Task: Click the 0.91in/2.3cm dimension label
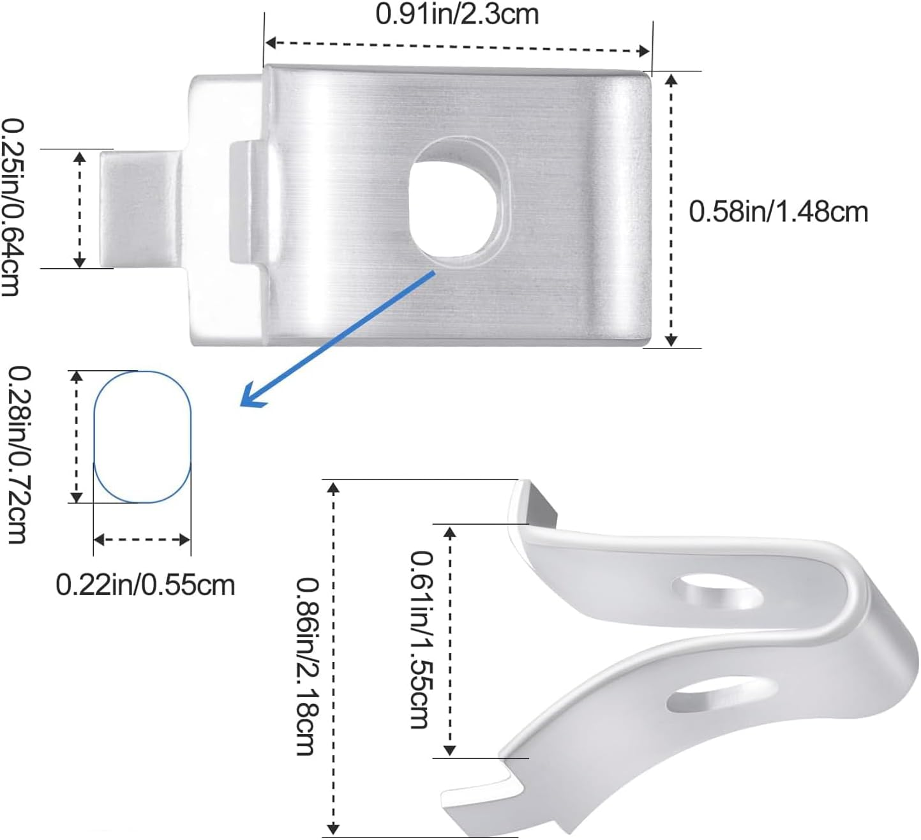[457, 14]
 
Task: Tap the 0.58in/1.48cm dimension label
[778, 211]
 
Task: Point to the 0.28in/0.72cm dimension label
[17, 454]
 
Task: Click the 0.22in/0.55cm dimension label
[146, 585]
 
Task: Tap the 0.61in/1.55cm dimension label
[421, 639]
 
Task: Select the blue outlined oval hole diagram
[142, 437]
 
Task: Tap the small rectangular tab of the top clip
[139, 208]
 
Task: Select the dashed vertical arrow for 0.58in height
[670, 209]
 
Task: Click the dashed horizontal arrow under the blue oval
[142, 540]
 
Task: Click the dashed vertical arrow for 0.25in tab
[79, 209]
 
